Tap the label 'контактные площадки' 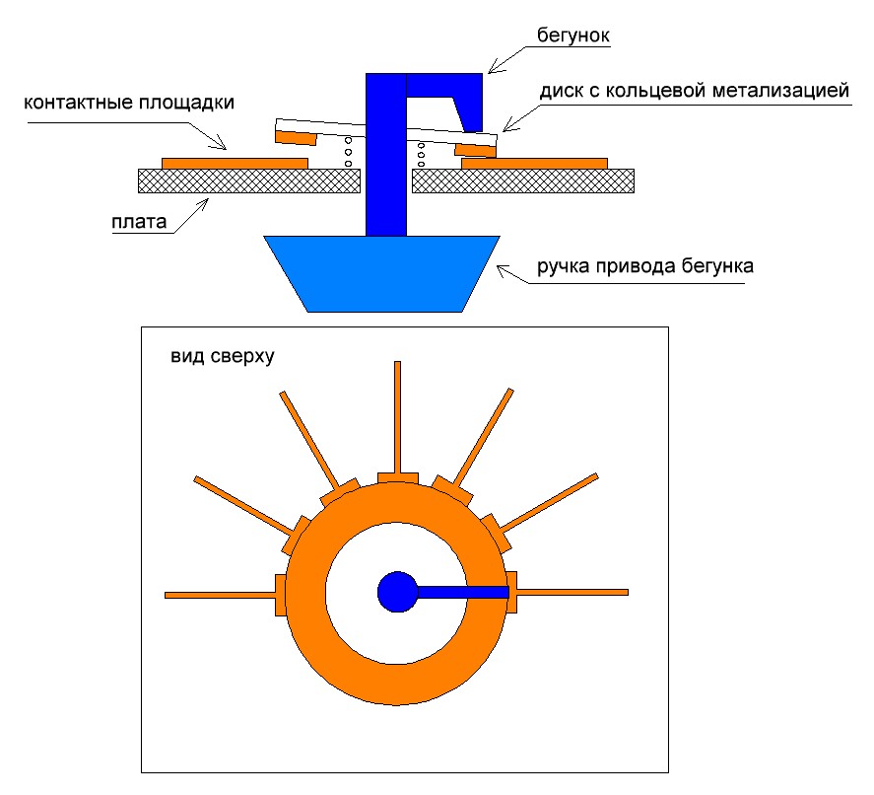pos(129,103)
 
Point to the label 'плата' pos(131,219)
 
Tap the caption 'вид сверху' pos(221,356)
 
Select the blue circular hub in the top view pos(397,592)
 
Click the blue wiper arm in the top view pos(463,592)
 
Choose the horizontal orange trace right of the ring pos(572,592)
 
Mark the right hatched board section pos(522,180)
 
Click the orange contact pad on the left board pos(235,162)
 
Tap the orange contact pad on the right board pos(534,162)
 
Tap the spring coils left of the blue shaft pos(348,153)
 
